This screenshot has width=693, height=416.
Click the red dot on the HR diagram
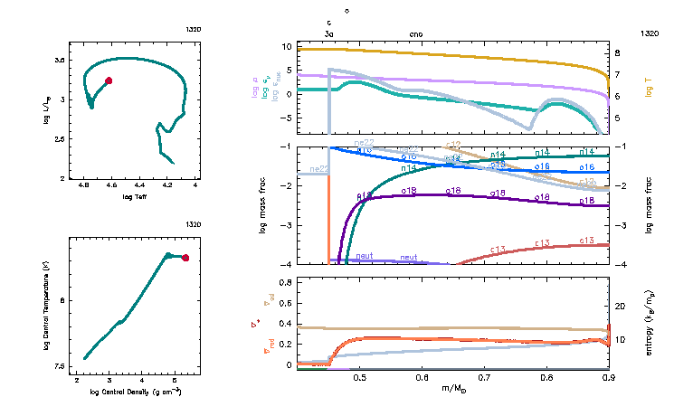pos(109,80)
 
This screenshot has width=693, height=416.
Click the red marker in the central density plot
pos(185,258)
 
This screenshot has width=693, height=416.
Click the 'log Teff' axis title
pos(133,196)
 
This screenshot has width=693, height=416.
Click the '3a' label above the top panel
pos(329,33)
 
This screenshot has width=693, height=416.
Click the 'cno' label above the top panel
pos(416,33)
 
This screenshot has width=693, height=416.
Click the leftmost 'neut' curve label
pos(365,257)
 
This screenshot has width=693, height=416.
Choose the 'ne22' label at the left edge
pos(318,169)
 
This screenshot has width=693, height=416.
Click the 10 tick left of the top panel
pos(288,46)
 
